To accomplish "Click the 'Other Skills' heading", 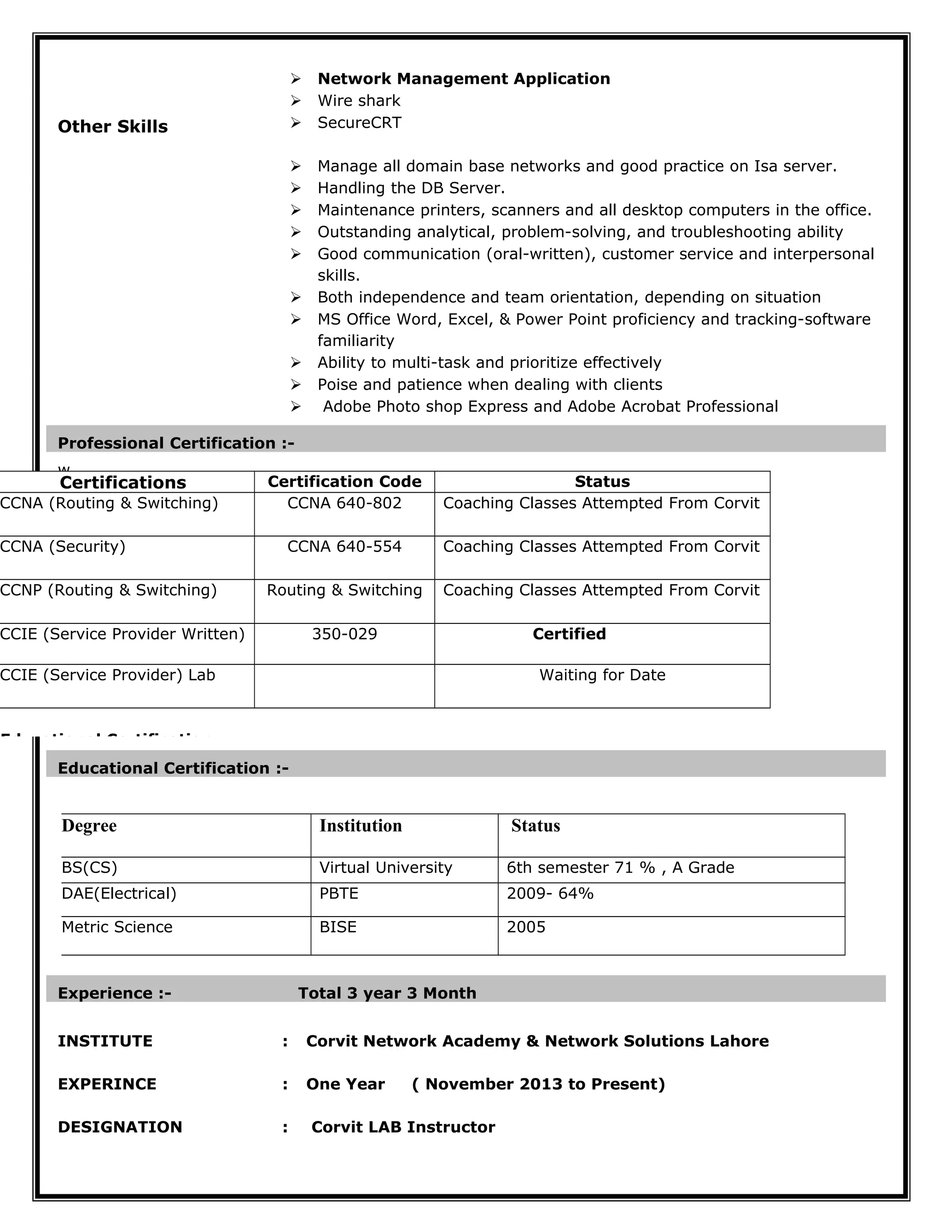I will tap(112, 127).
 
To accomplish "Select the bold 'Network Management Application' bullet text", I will tap(463, 79).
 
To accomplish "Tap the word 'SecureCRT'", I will tap(359, 123).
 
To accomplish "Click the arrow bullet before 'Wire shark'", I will tap(296, 101).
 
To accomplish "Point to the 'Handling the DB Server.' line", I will tap(411, 188).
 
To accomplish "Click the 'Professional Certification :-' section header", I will tap(175, 443).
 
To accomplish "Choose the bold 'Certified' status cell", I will tap(569, 634).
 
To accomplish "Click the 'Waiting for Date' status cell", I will tap(602, 675).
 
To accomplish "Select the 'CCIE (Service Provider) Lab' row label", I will tap(107, 675).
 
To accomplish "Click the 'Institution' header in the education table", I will tap(361, 825).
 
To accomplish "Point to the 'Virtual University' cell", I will tap(385, 867).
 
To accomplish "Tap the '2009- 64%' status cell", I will tap(550, 894).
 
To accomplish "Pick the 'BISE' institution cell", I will tap(338, 927).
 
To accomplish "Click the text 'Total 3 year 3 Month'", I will tap(387, 993).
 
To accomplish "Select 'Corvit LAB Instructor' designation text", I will tap(403, 1127).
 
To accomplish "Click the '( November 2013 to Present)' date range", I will tap(539, 1084).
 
